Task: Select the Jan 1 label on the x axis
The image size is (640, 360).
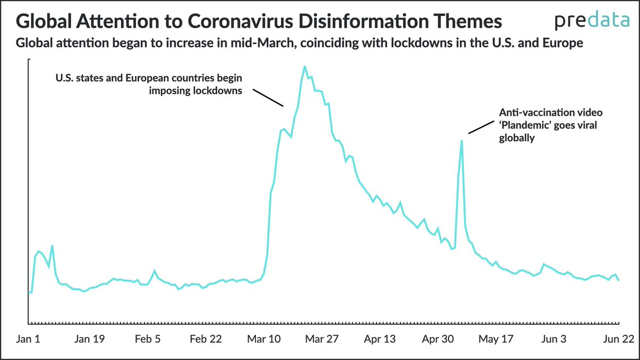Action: [28, 340]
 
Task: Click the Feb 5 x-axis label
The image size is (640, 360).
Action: [148, 340]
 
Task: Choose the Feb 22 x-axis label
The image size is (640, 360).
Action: [206, 340]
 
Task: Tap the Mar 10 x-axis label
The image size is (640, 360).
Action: [264, 340]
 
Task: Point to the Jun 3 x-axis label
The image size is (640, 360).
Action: [553, 340]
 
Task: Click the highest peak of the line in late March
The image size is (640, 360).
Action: [305, 67]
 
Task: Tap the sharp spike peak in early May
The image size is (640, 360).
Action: [461, 140]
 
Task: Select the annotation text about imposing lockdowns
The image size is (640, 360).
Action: [149, 84]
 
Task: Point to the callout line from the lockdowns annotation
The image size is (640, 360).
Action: [268, 98]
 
